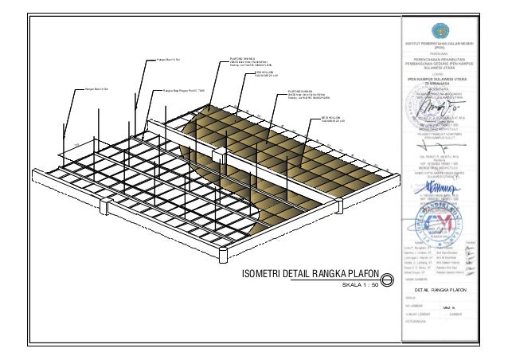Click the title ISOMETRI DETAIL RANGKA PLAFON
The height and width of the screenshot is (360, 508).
click(310, 276)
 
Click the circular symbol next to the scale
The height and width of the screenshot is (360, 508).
click(387, 280)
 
